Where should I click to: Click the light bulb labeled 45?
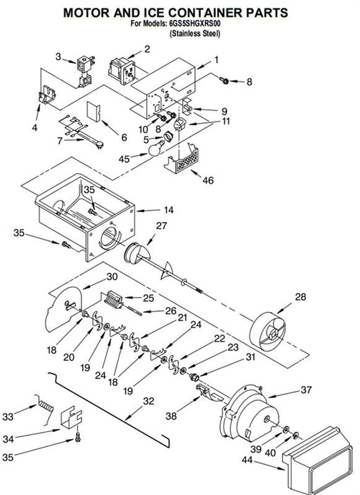click(156, 148)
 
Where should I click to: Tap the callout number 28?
click(301, 297)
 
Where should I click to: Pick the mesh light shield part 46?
click(181, 158)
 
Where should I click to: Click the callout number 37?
click(306, 390)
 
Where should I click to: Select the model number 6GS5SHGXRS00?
click(195, 23)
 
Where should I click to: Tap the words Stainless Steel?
click(194, 33)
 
